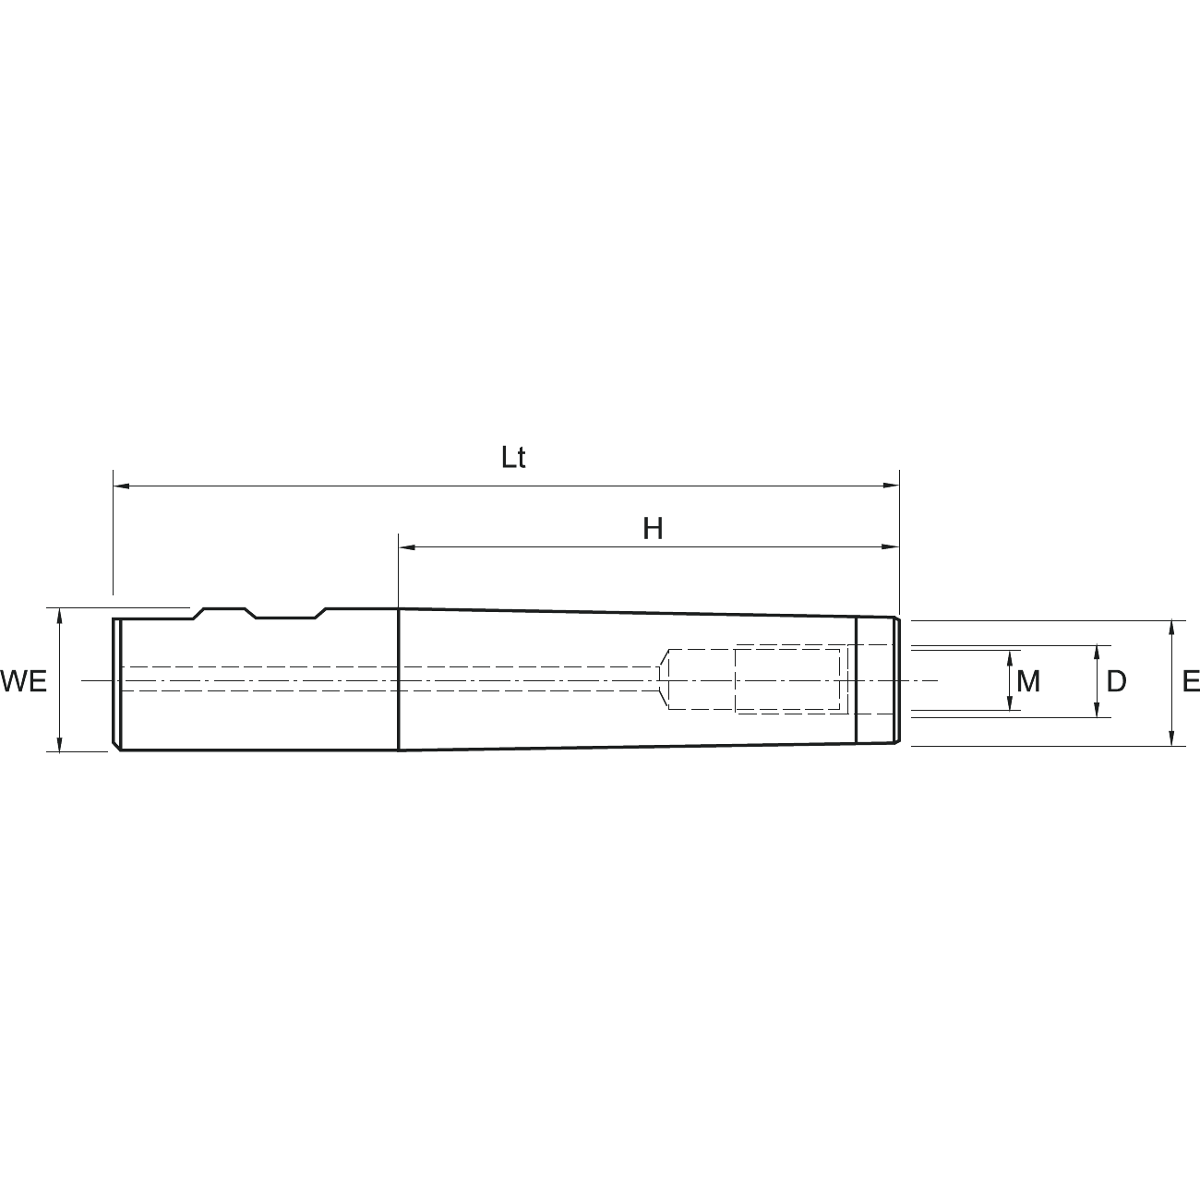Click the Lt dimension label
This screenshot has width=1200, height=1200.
pos(513,458)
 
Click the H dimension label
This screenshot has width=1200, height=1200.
pos(653,529)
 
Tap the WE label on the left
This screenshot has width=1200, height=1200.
pos(24,681)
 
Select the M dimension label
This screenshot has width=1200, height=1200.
pos(1028,681)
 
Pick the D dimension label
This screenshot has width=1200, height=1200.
pos(1116,681)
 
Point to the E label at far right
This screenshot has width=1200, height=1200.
pos(1191,681)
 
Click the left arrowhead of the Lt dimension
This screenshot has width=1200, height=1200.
pos(122,486)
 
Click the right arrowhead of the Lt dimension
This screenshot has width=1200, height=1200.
pos(891,486)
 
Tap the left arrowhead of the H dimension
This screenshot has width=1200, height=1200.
pos(407,547)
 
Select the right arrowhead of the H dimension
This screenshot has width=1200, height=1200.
pos(891,547)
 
